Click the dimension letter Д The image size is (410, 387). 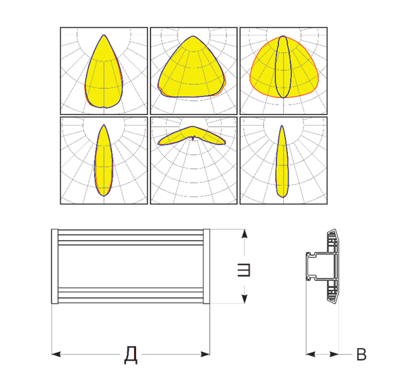click(x=131, y=355)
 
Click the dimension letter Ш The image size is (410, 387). click(x=244, y=270)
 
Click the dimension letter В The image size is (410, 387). click(x=361, y=355)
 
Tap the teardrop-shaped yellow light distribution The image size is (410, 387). click(x=104, y=76)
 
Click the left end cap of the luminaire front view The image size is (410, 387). click(x=55, y=267)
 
